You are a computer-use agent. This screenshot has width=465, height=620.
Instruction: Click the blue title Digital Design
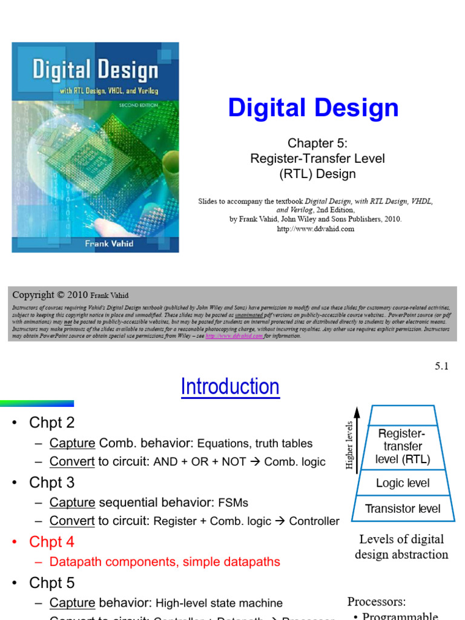pyautogui.click(x=313, y=108)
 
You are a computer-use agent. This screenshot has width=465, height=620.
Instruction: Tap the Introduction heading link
pyautogui.click(x=230, y=387)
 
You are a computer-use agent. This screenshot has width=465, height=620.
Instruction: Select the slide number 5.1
pyautogui.click(x=441, y=366)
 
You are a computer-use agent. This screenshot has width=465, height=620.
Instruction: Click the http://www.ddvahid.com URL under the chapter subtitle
pyautogui.click(x=315, y=229)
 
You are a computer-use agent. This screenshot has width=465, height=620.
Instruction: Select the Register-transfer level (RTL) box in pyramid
pyautogui.click(x=402, y=446)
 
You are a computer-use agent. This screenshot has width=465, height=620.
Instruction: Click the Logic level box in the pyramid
pyautogui.click(x=403, y=483)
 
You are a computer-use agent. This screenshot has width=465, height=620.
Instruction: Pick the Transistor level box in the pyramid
pyautogui.click(x=403, y=509)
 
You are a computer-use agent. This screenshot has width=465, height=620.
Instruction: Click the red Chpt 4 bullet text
pyautogui.click(x=51, y=542)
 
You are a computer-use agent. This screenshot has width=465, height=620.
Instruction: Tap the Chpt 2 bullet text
pyautogui.click(x=51, y=423)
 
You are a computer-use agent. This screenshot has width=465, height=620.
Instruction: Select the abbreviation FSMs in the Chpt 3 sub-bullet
pyautogui.click(x=232, y=503)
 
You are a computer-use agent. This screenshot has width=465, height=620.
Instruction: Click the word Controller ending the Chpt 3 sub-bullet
pyautogui.click(x=314, y=521)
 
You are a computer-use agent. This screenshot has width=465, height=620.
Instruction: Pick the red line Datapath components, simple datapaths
pyautogui.click(x=165, y=562)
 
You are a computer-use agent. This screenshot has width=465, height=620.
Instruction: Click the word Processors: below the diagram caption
pyautogui.click(x=376, y=602)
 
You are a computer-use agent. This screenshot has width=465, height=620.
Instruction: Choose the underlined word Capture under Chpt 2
pyautogui.click(x=72, y=443)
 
